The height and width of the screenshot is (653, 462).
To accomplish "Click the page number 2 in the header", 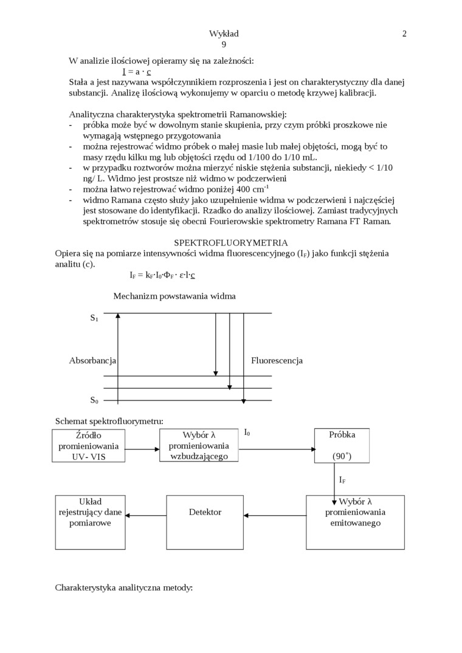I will (404, 34).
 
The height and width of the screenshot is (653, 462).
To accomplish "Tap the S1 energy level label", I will (94, 318).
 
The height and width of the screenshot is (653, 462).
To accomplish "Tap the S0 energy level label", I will (94, 400).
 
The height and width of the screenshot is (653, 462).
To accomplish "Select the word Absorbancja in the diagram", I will (92, 360).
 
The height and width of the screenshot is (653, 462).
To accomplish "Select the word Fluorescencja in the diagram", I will (277, 360).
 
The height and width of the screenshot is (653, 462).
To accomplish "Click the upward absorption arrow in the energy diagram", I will (118, 358).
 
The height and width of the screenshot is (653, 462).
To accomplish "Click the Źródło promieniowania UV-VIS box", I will (89, 445).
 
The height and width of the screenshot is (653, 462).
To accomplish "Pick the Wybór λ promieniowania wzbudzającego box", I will (199, 445).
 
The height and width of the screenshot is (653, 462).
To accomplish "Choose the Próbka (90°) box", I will (342, 445).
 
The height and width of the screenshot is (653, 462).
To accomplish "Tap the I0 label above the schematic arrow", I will (247, 432).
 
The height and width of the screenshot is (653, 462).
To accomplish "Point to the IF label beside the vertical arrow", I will (342, 480).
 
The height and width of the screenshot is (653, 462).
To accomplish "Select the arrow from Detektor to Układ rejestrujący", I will (146, 516).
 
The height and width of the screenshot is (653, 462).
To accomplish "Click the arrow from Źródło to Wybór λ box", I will (142, 450).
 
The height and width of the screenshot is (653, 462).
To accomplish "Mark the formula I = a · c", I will (137, 71).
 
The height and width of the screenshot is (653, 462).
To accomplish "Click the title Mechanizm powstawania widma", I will (174, 296).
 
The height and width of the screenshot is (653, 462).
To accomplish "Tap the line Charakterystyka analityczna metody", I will (123, 587).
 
